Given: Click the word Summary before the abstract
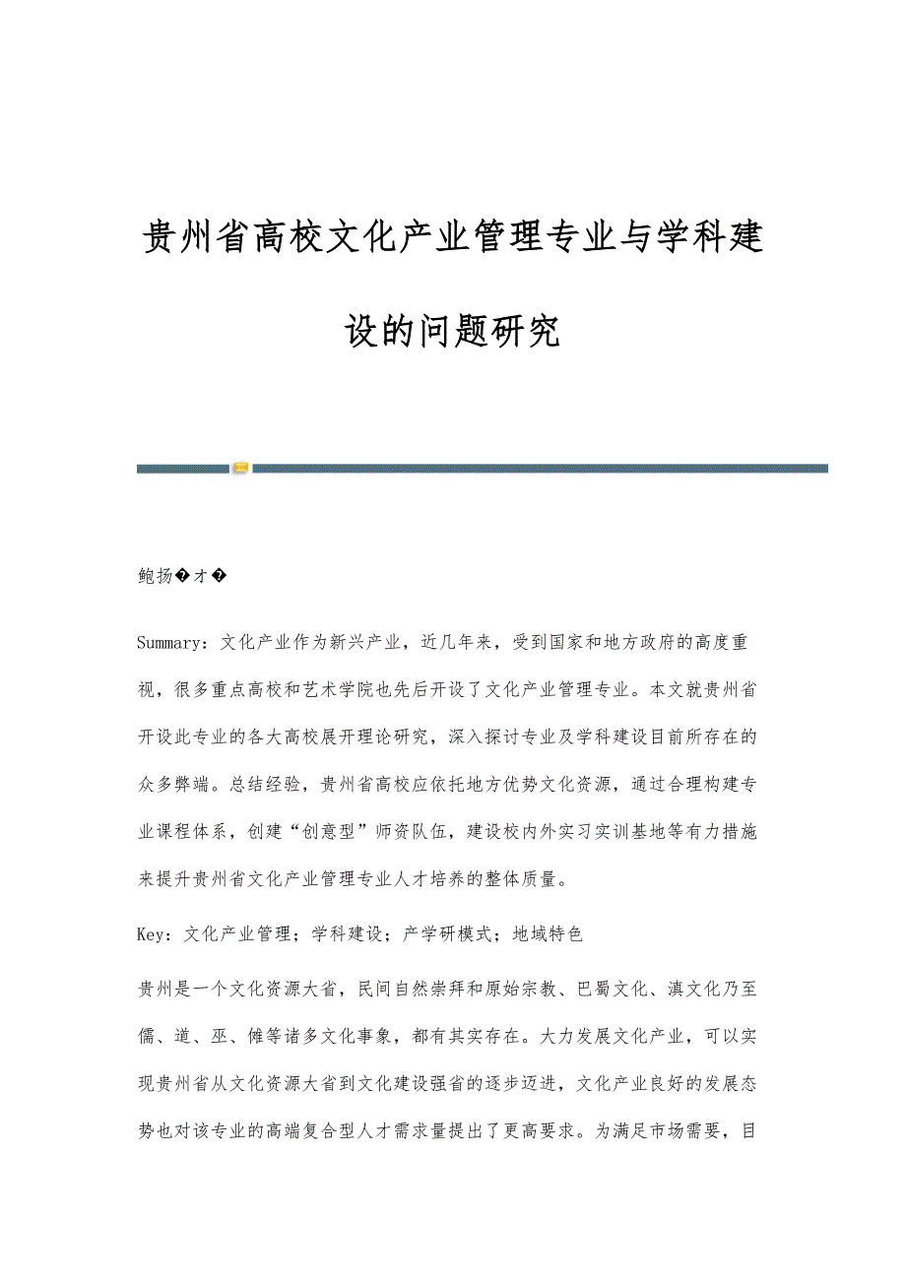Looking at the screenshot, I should coord(169,643).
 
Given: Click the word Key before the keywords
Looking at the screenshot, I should coord(153,932).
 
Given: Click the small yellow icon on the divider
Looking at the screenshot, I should coord(240,468).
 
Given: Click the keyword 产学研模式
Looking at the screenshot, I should coord(447,932).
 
